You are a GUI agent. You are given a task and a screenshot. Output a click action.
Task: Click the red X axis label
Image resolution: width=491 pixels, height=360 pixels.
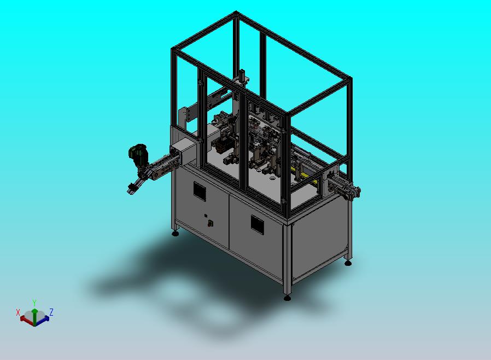pos(18,312)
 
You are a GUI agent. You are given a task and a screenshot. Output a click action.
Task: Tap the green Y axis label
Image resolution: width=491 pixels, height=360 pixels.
pos(34,303)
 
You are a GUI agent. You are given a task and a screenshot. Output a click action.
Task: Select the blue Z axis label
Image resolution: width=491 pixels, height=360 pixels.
pos(51,312)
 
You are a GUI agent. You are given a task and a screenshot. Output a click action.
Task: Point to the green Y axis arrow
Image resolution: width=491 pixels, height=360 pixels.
pos(35,316)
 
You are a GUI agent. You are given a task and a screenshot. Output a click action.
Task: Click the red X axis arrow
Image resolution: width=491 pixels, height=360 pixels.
pos(27,319)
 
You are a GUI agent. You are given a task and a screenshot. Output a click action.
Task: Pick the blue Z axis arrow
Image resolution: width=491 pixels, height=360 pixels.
pos(42,319)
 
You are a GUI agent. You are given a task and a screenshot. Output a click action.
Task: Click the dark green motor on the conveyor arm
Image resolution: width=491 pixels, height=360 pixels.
pos(138,154)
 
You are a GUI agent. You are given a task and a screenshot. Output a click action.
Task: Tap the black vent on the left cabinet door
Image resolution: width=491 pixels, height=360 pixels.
pos(200,191)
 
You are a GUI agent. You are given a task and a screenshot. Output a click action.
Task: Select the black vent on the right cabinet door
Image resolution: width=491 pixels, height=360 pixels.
pos(257,224)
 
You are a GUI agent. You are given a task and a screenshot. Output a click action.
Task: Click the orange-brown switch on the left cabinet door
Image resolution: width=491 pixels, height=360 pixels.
pos(211,223)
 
